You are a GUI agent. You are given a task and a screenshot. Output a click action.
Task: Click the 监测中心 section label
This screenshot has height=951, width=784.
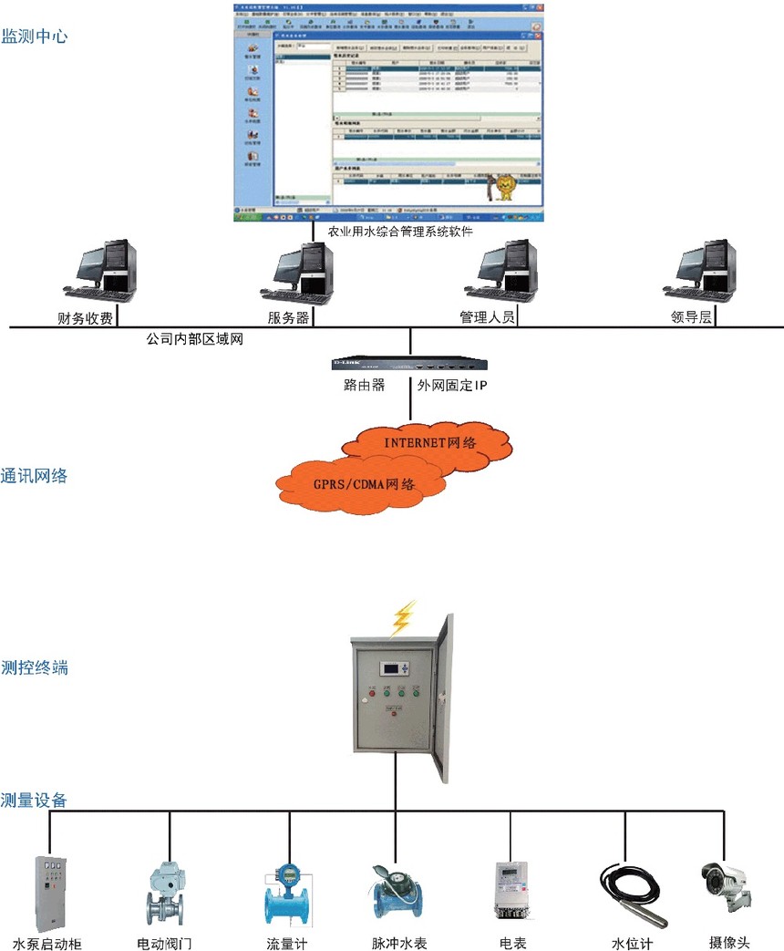click(34, 36)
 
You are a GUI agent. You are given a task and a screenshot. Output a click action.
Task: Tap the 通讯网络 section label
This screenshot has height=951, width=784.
click(34, 475)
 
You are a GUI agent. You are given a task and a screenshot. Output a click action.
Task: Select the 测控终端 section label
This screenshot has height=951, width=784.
click(34, 667)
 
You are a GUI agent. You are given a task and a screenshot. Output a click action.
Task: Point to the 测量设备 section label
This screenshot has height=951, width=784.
click(34, 801)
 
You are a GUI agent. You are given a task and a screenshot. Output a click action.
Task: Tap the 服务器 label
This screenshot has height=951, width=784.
click(288, 317)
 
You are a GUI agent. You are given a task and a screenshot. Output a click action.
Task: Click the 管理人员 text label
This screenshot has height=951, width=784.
click(488, 317)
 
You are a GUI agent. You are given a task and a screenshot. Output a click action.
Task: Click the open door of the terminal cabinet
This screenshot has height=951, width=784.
click(443, 698)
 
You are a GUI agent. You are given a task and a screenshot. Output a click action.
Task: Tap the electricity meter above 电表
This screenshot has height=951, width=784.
click(512, 888)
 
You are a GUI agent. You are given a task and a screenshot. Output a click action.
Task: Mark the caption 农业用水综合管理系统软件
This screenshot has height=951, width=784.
click(394, 232)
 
